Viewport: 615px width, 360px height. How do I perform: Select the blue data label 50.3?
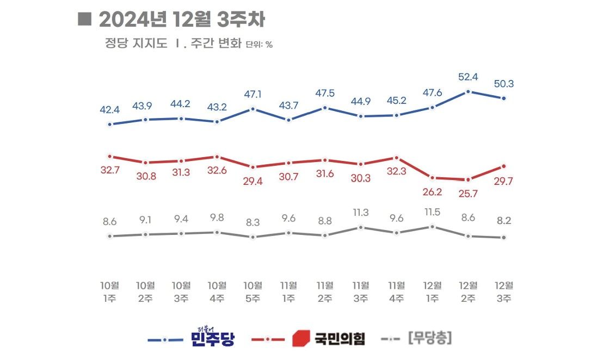(504, 84)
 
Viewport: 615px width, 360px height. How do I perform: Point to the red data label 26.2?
(433, 191)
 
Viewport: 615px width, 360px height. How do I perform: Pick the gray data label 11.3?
(361, 212)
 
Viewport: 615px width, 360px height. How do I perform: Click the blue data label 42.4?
(109, 110)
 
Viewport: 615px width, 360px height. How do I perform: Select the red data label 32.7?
(109, 170)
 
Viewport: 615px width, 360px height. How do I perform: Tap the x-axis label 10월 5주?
(253, 291)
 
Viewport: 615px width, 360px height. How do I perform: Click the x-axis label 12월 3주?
(504, 291)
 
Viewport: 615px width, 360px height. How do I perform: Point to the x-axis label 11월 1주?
(288, 291)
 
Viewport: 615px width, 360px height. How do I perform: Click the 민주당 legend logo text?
(213, 338)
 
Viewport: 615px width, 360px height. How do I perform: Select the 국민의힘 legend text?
(339, 339)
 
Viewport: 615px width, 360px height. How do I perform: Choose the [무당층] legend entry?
(429, 339)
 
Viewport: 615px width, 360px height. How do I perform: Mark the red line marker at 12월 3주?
(504, 166)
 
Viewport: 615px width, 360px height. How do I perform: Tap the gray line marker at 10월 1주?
(109, 236)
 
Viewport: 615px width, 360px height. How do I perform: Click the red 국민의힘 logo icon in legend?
(301, 338)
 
